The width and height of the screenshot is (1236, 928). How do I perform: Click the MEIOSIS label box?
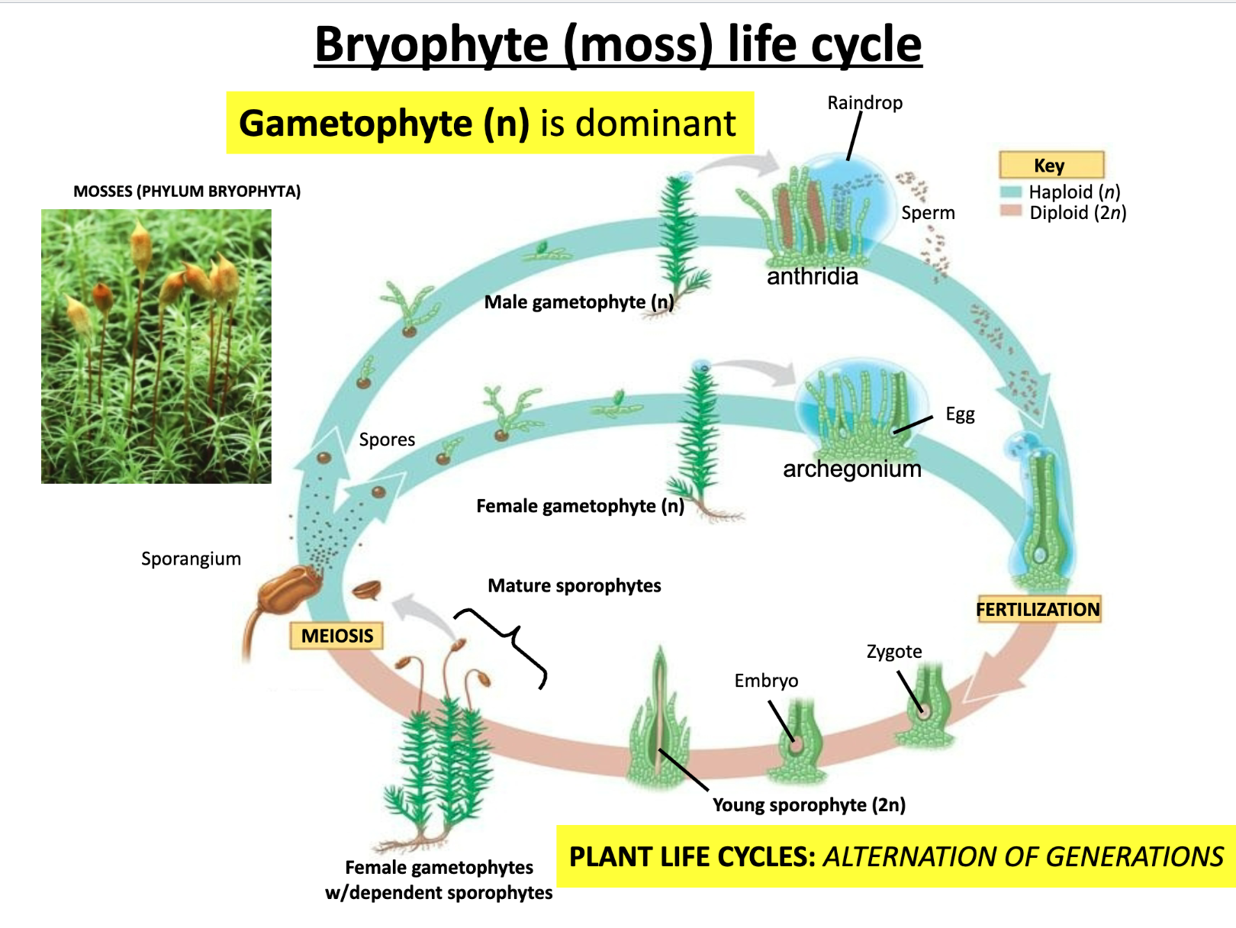336,636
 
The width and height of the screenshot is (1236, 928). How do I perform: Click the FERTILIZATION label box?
1038,609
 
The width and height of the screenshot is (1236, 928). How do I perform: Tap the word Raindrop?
864,102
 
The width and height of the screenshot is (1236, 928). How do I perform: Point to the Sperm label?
928,213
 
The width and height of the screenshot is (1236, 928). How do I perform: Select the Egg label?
960,414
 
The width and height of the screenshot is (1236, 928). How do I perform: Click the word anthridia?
813,276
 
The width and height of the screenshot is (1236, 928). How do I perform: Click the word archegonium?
852,469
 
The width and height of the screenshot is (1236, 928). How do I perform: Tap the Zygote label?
894,652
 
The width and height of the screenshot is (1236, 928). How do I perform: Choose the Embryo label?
766,681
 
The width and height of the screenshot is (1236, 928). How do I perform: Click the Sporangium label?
191,559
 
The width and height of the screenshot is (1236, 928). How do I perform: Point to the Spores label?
387,440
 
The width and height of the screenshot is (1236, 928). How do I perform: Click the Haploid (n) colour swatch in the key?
1011,192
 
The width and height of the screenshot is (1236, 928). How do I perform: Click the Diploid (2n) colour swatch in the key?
1011,211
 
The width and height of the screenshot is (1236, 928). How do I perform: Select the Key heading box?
1051,165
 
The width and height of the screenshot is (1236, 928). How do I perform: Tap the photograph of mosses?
156,346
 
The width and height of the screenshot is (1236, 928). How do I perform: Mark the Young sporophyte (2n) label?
809,805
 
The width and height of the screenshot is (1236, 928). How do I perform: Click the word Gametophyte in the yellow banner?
356,124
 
